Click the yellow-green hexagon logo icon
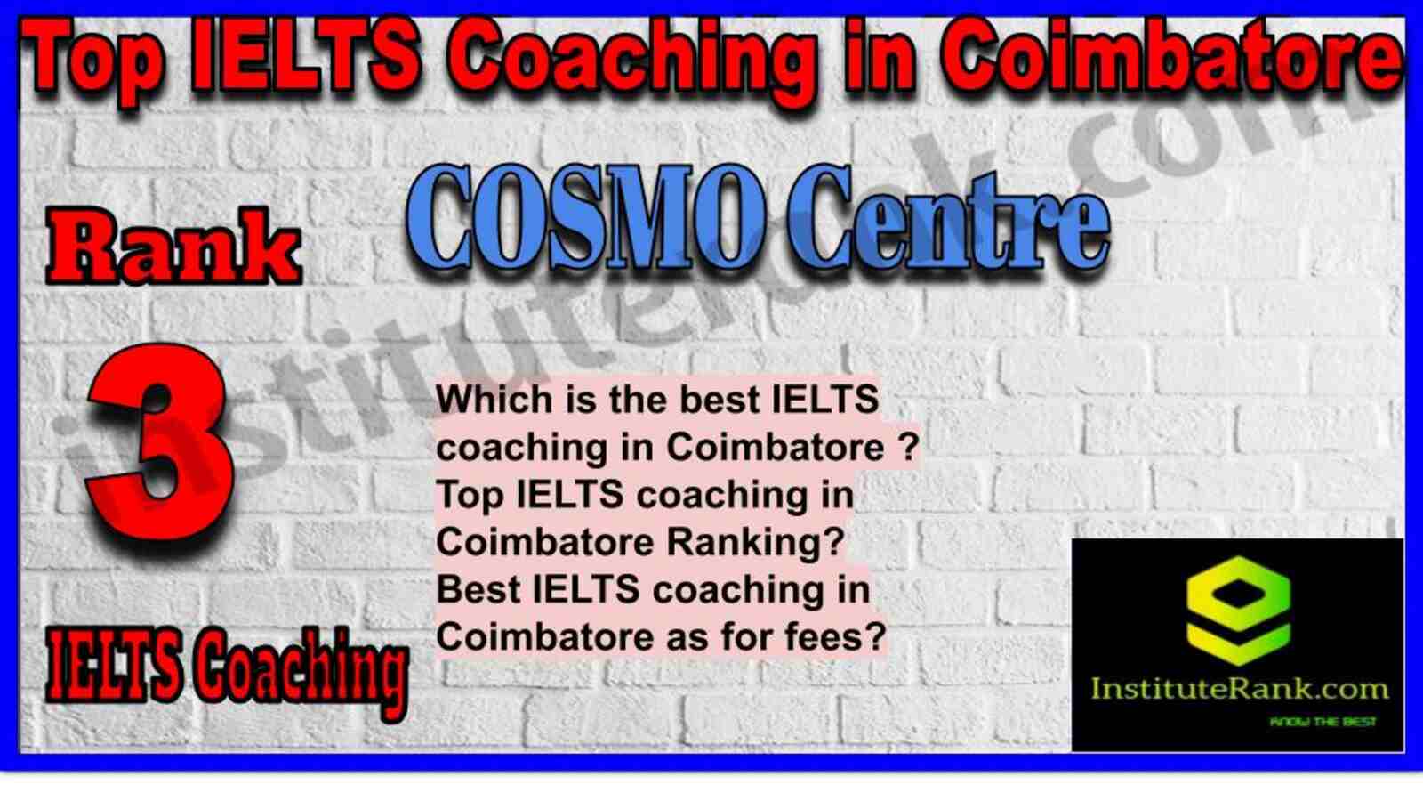(x=1238, y=611)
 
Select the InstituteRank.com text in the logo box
(x=1239, y=690)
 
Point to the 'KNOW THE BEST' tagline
(x=1323, y=722)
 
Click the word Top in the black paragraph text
(x=469, y=497)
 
